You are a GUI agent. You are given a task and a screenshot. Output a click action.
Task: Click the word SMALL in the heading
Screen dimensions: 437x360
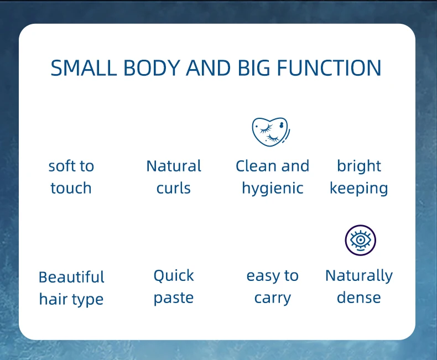click(84, 67)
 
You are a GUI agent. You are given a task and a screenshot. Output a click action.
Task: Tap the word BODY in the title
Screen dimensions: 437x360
click(152, 67)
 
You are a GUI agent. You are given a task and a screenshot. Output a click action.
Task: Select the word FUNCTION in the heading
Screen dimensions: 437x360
click(329, 67)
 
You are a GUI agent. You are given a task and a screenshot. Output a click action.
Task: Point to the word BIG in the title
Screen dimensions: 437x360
click(253, 67)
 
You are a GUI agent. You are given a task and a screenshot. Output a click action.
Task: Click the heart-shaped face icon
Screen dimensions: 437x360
click(271, 132)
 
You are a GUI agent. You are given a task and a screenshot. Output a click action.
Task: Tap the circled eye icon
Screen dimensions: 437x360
click(360, 240)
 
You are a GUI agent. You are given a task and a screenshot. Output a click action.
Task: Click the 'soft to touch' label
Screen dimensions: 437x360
click(71, 177)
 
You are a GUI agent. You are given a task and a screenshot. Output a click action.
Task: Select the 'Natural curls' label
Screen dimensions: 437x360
click(174, 177)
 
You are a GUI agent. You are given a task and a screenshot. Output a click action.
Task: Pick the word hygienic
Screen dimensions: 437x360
click(273, 189)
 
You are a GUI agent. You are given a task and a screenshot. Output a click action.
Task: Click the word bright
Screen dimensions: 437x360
click(359, 166)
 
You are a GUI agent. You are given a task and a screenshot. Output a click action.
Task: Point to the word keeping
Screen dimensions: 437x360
click(359, 189)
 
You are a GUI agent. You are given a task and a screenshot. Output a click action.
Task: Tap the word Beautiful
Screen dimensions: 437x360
click(71, 277)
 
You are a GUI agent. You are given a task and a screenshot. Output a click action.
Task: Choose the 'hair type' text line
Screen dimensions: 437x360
click(71, 299)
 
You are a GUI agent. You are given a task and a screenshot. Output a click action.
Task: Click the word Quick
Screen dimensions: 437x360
click(174, 276)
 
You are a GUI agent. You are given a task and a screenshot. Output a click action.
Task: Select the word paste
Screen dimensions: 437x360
click(174, 298)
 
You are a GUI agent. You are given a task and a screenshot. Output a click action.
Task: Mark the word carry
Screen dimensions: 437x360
click(273, 299)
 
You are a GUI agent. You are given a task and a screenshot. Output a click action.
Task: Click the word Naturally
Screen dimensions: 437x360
click(359, 276)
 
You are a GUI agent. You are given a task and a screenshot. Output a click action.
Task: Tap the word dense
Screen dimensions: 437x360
click(359, 298)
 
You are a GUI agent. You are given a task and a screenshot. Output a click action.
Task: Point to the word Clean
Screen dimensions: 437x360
click(256, 166)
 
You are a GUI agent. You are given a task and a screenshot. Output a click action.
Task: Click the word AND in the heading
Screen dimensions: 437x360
click(209, 67)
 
